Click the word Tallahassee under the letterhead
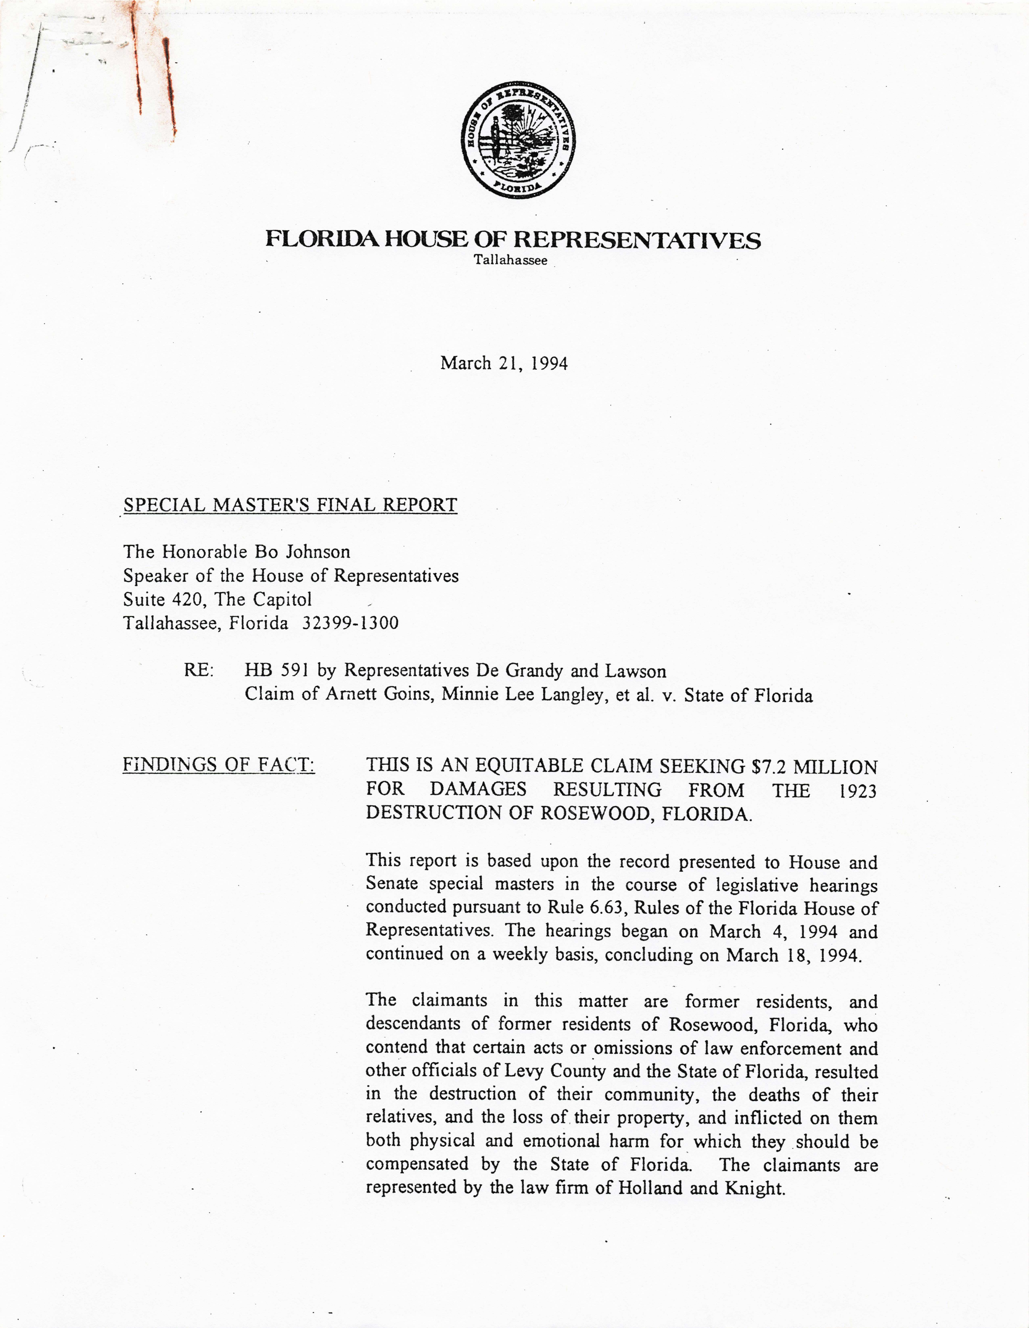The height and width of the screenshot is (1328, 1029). point(510,260)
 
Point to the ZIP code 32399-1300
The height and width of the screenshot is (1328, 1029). point(350,623)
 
